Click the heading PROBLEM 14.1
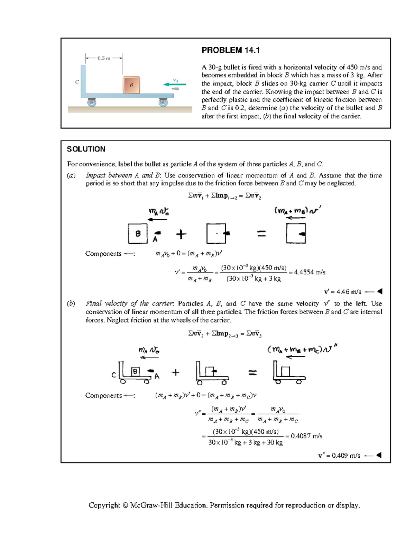coord(230,50)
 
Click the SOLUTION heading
coord(86,149)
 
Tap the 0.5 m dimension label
coord(104,58)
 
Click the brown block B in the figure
coord(131,85)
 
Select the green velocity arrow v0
coord(175,84)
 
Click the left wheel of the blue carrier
coord(92,102)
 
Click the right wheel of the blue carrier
coord(163,102)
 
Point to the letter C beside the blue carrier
coord(77,82)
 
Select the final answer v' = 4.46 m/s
coord(342,292)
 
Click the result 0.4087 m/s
coord(306,436)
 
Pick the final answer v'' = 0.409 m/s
coord(339,456)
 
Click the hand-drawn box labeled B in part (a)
coord(138,233)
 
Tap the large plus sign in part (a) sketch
coord(181,235)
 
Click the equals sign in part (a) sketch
coord(261,234)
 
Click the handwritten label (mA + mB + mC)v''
coord(302,349)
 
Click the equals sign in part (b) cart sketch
coord(253,373)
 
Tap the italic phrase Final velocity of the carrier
coord(130,303)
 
